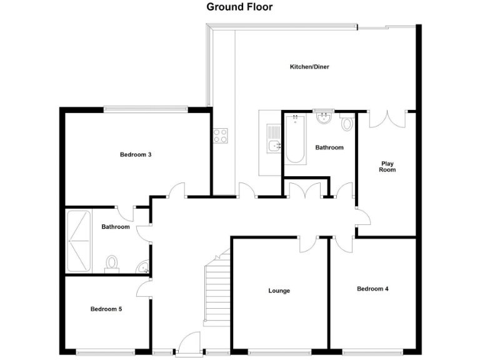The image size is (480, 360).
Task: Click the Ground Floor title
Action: tap(239, 7)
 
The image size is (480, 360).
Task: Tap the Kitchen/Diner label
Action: tap(309, 67)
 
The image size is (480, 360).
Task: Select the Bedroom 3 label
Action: tap(136, 154)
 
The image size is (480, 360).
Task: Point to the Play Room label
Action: tap(387, 167)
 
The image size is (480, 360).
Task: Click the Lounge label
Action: tap(279, 291)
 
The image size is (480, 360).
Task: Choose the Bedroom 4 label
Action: tap(372, 289)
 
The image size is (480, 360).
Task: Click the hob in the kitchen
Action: tap(220, 135)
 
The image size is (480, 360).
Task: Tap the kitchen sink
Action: tap(274, 146)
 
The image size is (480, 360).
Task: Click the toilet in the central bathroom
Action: tap(347, 122)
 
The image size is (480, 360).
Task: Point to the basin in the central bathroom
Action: tap(324, 118)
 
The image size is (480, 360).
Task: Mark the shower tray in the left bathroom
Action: tap(79, 241)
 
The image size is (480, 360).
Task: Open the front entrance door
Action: tap(188, 343)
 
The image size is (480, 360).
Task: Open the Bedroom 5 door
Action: tap(144, 289)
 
